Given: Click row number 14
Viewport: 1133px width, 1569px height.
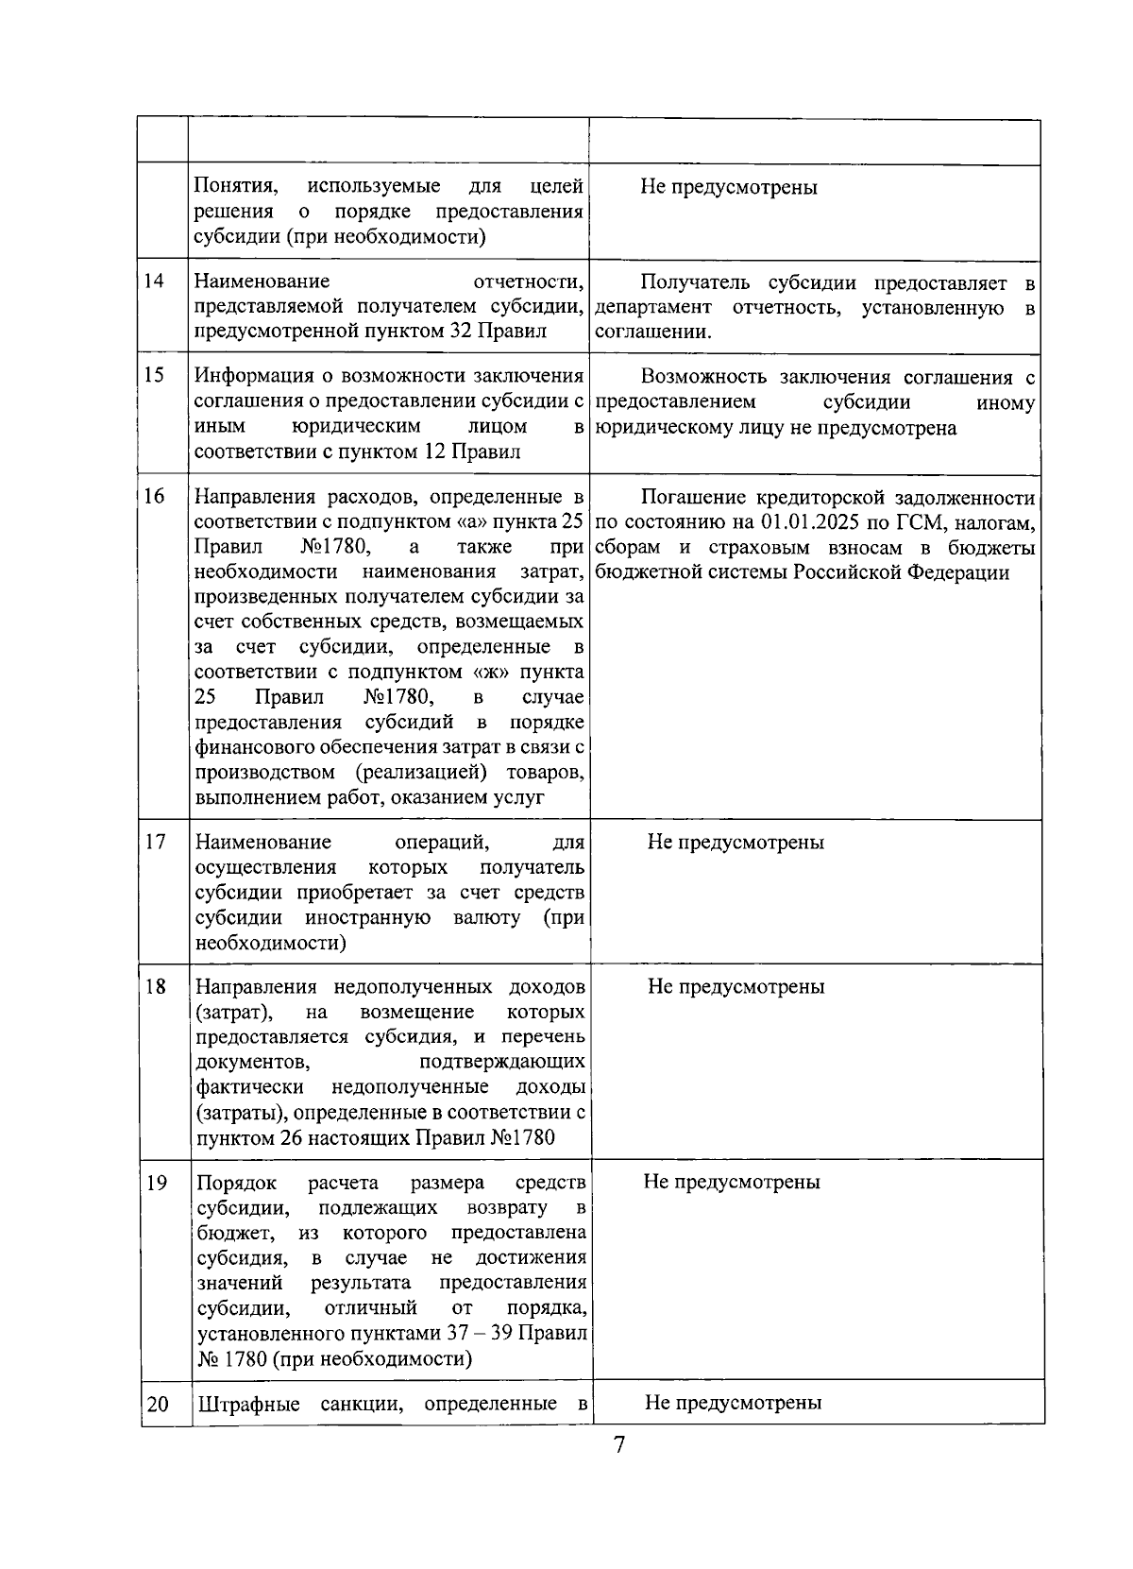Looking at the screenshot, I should tap(154, 281).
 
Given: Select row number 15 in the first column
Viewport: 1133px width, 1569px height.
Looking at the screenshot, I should tap(154, 376).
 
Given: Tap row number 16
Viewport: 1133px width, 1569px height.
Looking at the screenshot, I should tap(155, 497).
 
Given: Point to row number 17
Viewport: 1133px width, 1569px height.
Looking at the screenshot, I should tap(156, 842).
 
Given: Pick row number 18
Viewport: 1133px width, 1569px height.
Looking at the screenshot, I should tap(156, 986).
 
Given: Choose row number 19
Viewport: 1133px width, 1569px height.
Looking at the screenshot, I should tap(157, 1182).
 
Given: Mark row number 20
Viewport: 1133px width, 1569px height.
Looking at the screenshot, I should tap(158, 1404).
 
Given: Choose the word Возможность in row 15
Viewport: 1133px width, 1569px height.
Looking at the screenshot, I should tap(703, 378).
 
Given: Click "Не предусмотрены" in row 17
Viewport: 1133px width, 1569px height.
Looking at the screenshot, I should tap(736, 842).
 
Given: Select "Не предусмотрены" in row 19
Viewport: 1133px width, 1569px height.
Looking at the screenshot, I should tap(732, 1182).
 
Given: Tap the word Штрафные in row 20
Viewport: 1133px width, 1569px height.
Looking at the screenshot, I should tap(248, 1404).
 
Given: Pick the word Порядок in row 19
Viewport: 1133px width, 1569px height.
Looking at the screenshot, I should tap(237, 1183).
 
